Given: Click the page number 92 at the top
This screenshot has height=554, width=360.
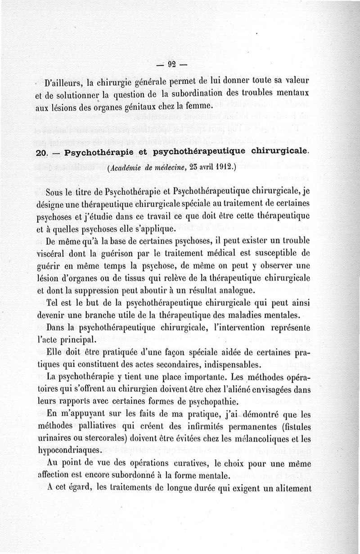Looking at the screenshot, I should [171, 64].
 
